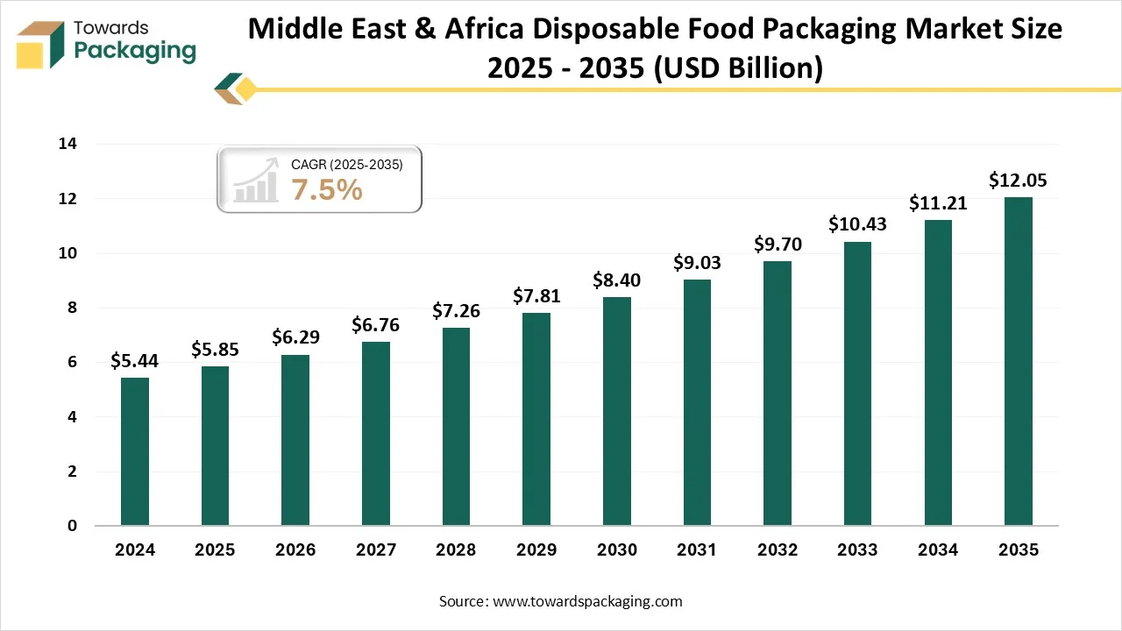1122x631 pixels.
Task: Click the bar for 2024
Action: [x=134, y=451]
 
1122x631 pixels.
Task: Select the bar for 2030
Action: [x=616, y=411]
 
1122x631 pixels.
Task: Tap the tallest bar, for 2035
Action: [x=1018, y=361]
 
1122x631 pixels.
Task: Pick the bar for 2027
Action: [x=375, y=433]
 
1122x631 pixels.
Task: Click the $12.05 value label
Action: [x=1018, y=181]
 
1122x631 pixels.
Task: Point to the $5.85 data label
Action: [x=215, y=350]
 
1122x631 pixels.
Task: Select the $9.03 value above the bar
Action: [x=697, y=262]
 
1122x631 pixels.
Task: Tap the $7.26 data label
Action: [x=456, y=311]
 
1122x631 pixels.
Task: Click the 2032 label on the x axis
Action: [x=777, y=550]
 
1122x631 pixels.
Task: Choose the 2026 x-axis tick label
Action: [x=295, y=550]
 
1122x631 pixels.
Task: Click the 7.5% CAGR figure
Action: [x=327, y=189]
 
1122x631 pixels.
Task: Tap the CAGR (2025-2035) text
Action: [x=346, y=164]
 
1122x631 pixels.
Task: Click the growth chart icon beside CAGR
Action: [x=255, y=183]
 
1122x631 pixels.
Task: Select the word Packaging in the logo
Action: [x=135, y=51]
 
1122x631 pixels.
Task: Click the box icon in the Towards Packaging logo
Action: [x=40, y=45]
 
